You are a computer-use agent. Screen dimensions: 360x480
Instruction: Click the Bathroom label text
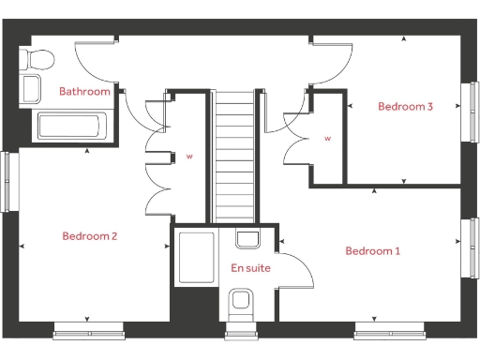pos(84,92)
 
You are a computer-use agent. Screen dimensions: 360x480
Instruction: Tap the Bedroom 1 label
pos(372,250)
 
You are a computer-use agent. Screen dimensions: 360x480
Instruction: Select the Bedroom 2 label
pos(89,236)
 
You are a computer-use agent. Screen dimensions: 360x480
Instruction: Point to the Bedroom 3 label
pos(405,107)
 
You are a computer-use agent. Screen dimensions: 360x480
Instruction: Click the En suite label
pos(250,268)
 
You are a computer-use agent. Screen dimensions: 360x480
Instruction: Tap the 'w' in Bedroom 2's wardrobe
pos(188,156)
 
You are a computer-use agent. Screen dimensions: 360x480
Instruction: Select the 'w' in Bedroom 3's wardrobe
pos(328,138)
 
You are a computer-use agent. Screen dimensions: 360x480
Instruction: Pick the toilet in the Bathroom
pos(38,61)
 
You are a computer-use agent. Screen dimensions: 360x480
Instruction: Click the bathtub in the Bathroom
pos(72,126)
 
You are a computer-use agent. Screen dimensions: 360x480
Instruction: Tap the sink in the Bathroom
pos(32,90)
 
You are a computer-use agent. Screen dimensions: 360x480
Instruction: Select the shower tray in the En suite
pos(196,256)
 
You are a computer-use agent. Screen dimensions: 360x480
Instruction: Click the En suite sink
pos(248,239)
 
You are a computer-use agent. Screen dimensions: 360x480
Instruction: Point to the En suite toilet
pos(241,302)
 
